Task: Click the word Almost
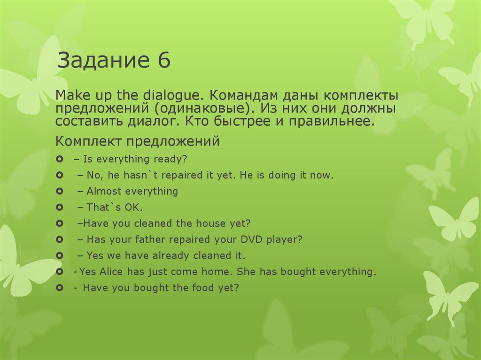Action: click(x=104, y=191)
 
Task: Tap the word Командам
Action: click(x=242, y=95)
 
